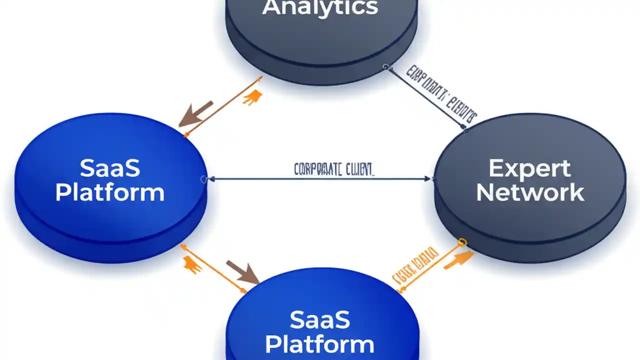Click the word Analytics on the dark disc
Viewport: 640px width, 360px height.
[320, 8]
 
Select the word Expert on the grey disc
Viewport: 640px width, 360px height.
[529, 169]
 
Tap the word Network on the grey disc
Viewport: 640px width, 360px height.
[530, 192]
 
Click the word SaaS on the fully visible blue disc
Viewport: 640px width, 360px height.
[109, 169]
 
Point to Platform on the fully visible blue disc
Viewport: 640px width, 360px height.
[109, 192]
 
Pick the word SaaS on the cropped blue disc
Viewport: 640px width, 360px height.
[319, 320]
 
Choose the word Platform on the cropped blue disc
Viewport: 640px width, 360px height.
[319, 344]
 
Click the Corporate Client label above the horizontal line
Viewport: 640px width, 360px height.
[333, 169]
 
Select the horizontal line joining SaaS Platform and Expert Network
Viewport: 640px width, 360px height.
[320, 178]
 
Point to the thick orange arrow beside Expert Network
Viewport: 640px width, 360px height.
[458, 260]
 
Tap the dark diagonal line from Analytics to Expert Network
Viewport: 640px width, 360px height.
[425, 98]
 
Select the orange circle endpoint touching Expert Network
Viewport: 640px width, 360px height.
[462, 242]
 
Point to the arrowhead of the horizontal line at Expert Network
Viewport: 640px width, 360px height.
[427, 178]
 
